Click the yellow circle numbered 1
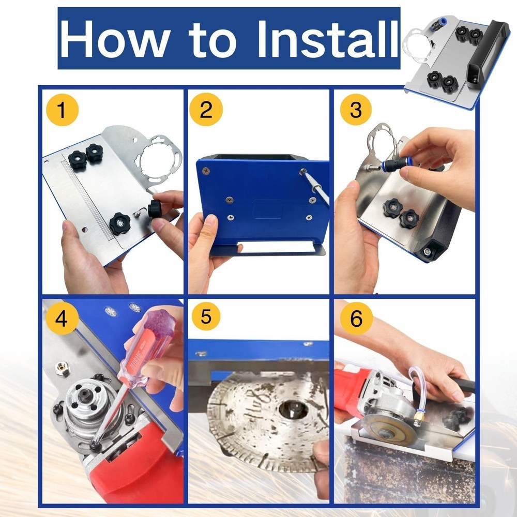coord(62,111)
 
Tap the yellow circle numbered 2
coord(206,111)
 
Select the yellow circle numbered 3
coord(356,111)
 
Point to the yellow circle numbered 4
coord(62,318)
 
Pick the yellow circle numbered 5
coord(206,317)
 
